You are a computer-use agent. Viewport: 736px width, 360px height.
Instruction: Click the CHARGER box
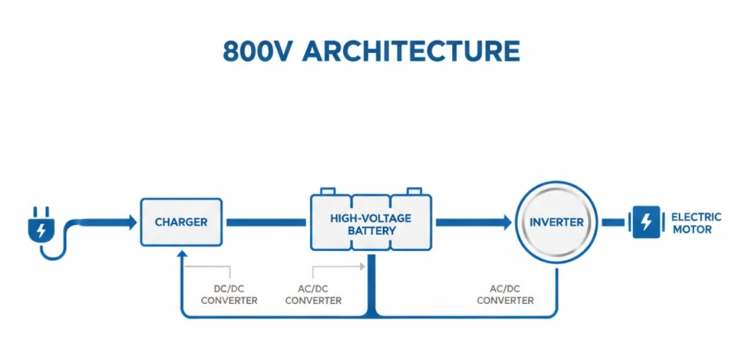pyautogui.click(x=180, y=222)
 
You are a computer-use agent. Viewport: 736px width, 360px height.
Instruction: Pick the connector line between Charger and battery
pyautogui.click(x=266, y=223)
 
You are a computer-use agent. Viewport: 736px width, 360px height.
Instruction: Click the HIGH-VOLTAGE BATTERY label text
pyautogui.click(x=371, y=223)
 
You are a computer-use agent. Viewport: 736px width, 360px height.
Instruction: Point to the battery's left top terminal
pyautogui.click(x=327, y=191)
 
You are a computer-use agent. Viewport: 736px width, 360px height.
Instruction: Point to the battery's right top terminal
pyautogui.click(x=414, y=191)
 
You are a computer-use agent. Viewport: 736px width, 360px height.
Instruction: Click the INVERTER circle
pyautogui.click(x=557, y=222)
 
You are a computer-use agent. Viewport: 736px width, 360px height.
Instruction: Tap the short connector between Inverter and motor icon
pyautogui.click(x=613, y=223)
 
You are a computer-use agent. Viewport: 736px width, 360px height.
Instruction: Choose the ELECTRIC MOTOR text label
pyautogui.click(x=691, y=223)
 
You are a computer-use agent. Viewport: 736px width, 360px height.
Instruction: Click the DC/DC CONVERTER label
pyautogui.click(x=229, y=295)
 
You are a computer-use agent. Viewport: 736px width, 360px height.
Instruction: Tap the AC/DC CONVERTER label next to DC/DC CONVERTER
pyautogui.click(x=313, y=295)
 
